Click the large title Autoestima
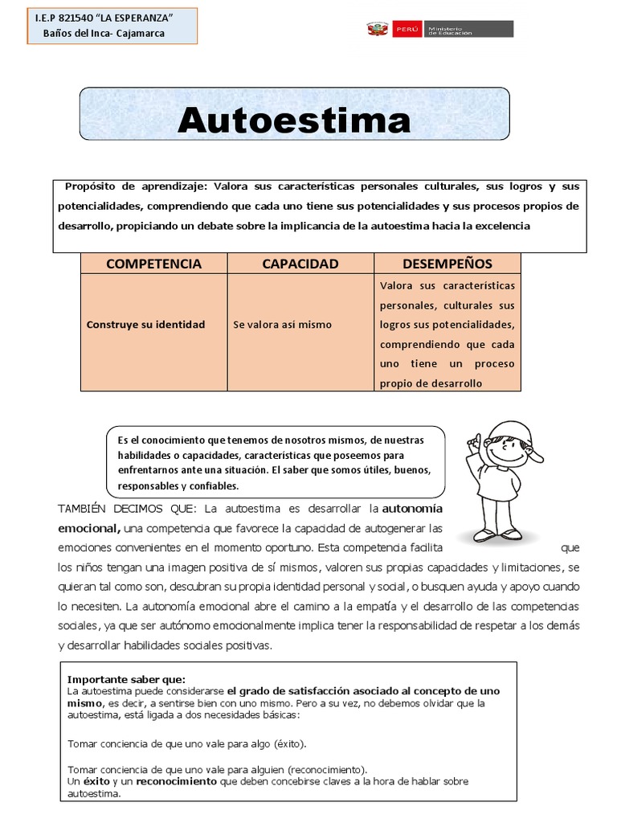tap(294, 121)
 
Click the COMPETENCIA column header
tap(153, 264)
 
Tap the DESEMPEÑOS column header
tap(447, 264)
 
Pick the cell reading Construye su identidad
tap(145, 325)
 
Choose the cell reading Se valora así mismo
tap(282, 325)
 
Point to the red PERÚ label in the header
tap(407, 30)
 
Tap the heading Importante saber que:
tap(126, 678)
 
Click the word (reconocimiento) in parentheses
tap(326, 769)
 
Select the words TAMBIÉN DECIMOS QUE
tap(128, 510)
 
